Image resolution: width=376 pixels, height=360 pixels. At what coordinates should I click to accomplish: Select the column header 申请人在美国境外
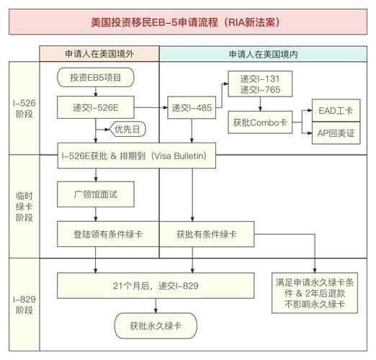coord(99,54)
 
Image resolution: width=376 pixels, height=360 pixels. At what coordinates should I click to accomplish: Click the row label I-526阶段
coord(24,107)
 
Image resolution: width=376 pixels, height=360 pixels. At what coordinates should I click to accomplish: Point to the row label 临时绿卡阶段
coord(24,206)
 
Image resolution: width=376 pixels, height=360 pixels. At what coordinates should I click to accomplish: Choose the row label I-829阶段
coord(24,302)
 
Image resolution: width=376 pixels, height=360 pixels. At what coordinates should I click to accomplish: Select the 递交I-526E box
coord(96,108)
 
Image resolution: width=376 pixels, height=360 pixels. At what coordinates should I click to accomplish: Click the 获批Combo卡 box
coord(259,122)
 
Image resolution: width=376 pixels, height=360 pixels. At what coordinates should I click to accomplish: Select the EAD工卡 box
coord(335,112)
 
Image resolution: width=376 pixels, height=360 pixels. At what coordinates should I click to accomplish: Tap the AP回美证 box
coord(335,133)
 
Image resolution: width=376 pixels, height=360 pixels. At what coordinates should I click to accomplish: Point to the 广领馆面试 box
coord(96,194)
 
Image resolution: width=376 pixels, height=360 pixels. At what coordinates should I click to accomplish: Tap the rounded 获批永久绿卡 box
coord(156,325)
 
